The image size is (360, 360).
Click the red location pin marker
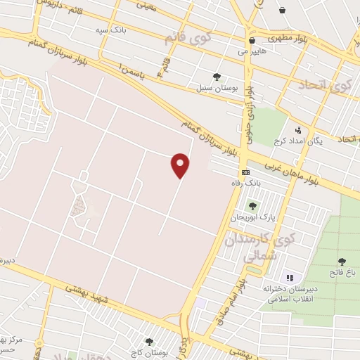(181, 165)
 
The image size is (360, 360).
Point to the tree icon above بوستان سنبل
(216, 77)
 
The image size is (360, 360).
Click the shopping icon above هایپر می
(251, 40)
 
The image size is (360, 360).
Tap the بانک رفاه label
(246, 184)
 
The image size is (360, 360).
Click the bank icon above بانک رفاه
(245, 172)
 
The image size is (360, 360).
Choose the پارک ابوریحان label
(252, 218)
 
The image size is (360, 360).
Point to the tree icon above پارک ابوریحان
(252, 206)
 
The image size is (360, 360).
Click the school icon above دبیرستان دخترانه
(290, 276)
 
